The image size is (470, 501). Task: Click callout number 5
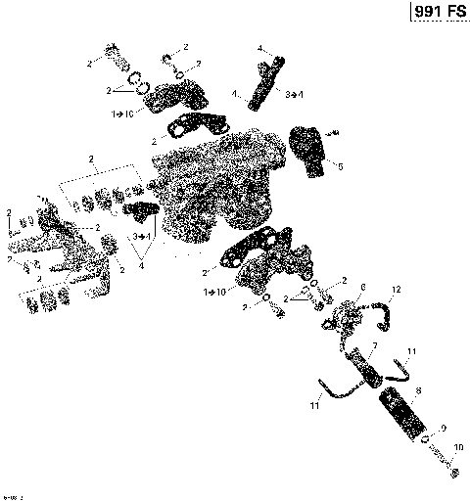[341, 166]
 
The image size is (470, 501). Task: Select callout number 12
[397, 290]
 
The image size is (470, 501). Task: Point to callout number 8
[418, 390]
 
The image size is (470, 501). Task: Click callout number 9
[442, 428]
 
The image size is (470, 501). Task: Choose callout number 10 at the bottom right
[457, 447]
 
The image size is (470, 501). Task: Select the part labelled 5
[310, 152]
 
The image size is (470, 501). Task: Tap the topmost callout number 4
[259, 47]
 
